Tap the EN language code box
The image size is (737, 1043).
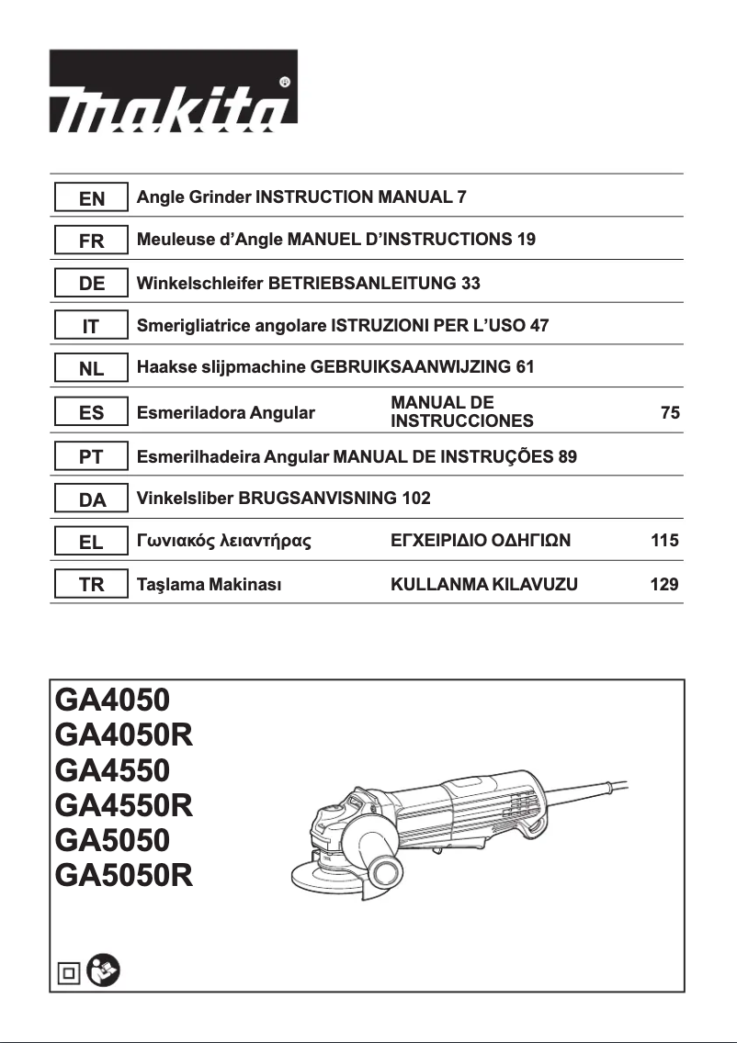click(91, 198)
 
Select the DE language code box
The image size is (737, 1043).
click(91, 285)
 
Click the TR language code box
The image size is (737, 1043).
click(91, 585)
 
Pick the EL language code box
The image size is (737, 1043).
click(91, 542)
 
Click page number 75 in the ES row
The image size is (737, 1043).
click(670, 413)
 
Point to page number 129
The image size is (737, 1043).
click(663, 584)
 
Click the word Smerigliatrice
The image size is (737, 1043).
click(196, 326)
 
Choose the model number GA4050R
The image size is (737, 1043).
click(124, 735)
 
